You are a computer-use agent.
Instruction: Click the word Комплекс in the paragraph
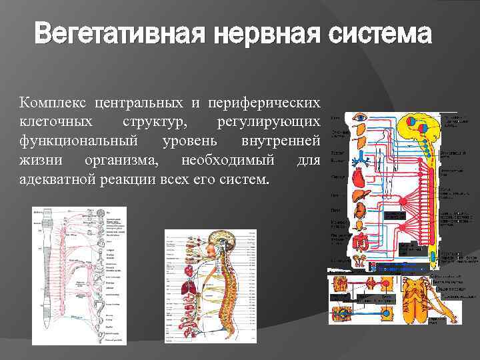53,104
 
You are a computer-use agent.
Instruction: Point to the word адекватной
55,179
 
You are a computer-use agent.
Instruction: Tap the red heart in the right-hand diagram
360,179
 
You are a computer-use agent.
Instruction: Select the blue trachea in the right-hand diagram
361,158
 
